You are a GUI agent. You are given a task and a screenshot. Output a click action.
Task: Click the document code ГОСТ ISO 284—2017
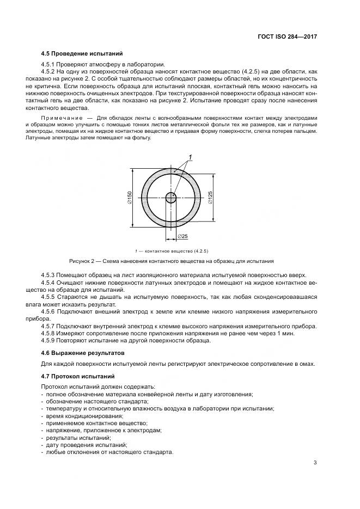pyautogui.click(x=288, y=36)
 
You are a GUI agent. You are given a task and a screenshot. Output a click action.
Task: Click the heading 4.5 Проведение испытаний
pyautogui.click(x=82, y=54)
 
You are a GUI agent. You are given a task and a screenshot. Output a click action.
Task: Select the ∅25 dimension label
pyautogui.click(x=182, y=236)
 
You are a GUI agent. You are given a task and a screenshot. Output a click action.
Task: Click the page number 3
pyautogui.click(x=315, y=463)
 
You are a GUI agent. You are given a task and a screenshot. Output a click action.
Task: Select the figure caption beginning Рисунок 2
pyautogui.click(x=171, y=261)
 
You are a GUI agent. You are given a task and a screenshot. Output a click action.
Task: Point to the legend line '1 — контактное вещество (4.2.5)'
pyautogui.click(x=172, y=250)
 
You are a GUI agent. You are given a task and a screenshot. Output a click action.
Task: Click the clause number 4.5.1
pyautogui.click(x=49, y=64)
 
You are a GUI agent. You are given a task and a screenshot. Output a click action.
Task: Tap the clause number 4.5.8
pyautogui.click(x=49, y=333)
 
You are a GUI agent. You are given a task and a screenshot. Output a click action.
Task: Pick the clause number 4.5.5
pyautogui.click(x=49, y=297)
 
